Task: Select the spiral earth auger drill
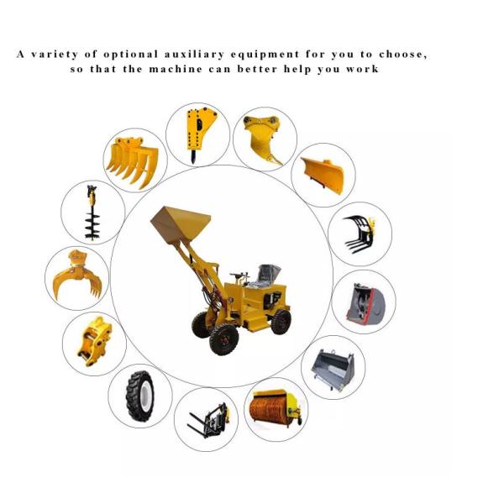92,213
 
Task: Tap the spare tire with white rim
139,396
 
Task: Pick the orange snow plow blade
323,176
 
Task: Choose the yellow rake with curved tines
133,161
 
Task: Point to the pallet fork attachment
209,420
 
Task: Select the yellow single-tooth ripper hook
263,139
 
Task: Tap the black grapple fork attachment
360,234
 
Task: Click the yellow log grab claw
77,276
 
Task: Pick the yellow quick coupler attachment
94,341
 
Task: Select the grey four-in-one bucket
333,370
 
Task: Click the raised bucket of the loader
181,225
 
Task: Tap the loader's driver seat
266,275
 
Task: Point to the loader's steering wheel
239,276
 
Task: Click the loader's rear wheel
281,322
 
